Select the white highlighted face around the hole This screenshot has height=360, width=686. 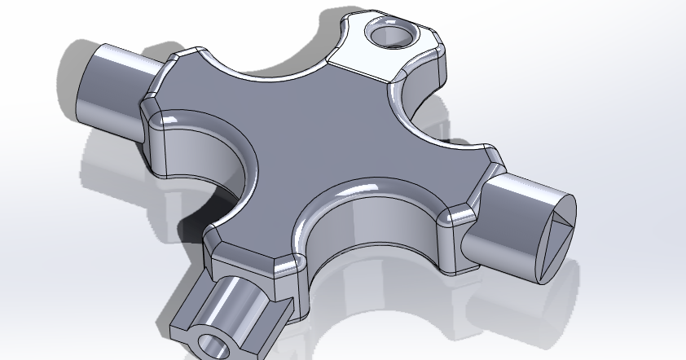click(x=358, y=57)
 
